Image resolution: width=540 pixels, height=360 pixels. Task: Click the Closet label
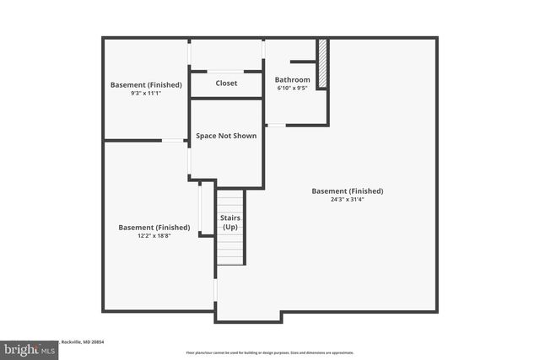click(x=226, y=83)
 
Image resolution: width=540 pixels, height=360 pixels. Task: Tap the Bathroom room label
click(x=293, y=80)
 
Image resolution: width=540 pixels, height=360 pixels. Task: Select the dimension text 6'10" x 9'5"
click(x=293, y=88)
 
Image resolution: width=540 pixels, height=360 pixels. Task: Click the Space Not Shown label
click(x=226, y=136)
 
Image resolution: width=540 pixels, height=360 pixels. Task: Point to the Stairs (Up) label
click(x=230, y=223)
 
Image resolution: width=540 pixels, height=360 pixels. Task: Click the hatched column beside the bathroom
click(x=321, y=62)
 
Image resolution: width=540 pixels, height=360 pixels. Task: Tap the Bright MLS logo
click(x=30, y=348)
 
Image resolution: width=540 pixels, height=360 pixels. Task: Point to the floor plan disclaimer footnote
click(x=270, y=352)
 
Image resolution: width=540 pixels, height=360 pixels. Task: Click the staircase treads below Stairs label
click(x=230, y=250)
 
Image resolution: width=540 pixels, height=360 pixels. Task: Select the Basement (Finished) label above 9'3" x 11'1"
click(x=145, y=84)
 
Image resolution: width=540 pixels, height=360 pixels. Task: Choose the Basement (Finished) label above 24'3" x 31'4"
click(x=347, y=191)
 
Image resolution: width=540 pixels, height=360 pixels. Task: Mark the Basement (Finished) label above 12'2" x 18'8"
click(x=154, y=228)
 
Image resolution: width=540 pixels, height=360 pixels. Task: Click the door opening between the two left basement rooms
click(x=174, y=140)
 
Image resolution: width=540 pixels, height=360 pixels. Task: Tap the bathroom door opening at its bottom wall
click(x=275, y=126)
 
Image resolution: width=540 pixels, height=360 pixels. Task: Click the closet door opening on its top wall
click(x=225, y=71)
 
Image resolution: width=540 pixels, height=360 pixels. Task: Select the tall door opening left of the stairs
click(x=200, y=206)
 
